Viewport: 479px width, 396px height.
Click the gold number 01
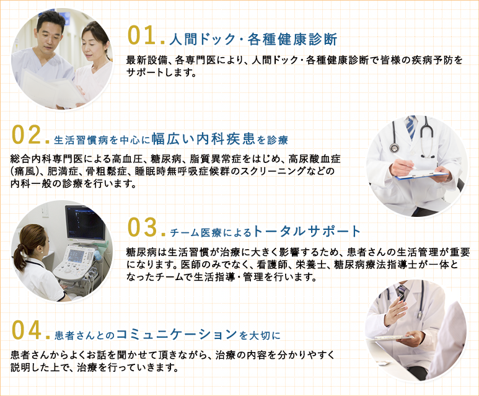[x=141, y=36]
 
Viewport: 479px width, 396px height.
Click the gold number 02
[x=26, y=133]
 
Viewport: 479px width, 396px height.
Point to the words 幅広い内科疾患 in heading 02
[x=203, y=136]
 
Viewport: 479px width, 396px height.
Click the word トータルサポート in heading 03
[x=307, y=232]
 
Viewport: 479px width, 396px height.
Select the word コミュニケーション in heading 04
[x=176, y=335]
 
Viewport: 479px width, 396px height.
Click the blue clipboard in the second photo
[x=421, y=176]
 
